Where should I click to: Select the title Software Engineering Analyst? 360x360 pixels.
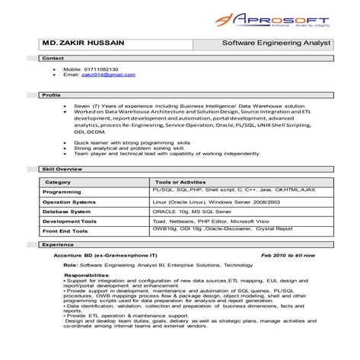click(x=276, y=43)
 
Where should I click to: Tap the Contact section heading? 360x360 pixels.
click(x=53, y=58)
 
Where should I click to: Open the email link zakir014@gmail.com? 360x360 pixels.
click(x=108, y=75)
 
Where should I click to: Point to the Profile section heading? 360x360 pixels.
click(x=51, y=95)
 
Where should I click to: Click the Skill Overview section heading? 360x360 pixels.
click(x=62, y=167)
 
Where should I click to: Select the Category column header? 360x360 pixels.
click(x=58, y=183)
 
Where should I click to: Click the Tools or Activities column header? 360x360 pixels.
click(x=180, y=183)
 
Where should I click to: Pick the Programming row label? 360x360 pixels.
click(x=62, y=193)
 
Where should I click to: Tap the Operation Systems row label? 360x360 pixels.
click(x=69, y=202)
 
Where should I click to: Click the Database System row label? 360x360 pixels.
click(x=67, y=212)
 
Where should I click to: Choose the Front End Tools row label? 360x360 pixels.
click(x=65, y=231)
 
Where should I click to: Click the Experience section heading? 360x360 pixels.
click(x=58, y=245)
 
